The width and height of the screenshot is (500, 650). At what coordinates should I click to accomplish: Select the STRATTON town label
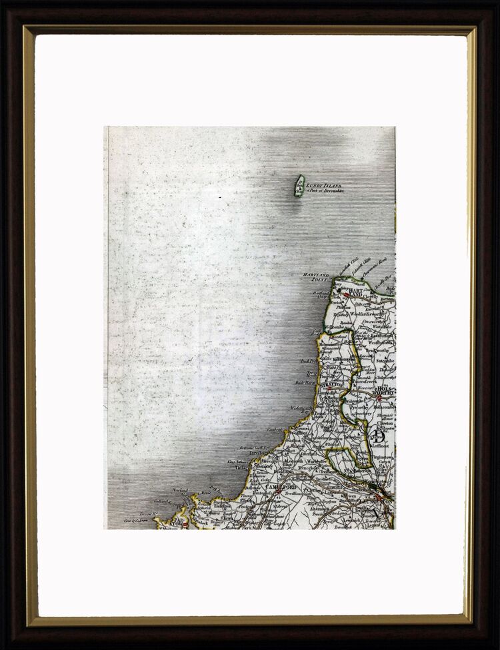331,384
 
